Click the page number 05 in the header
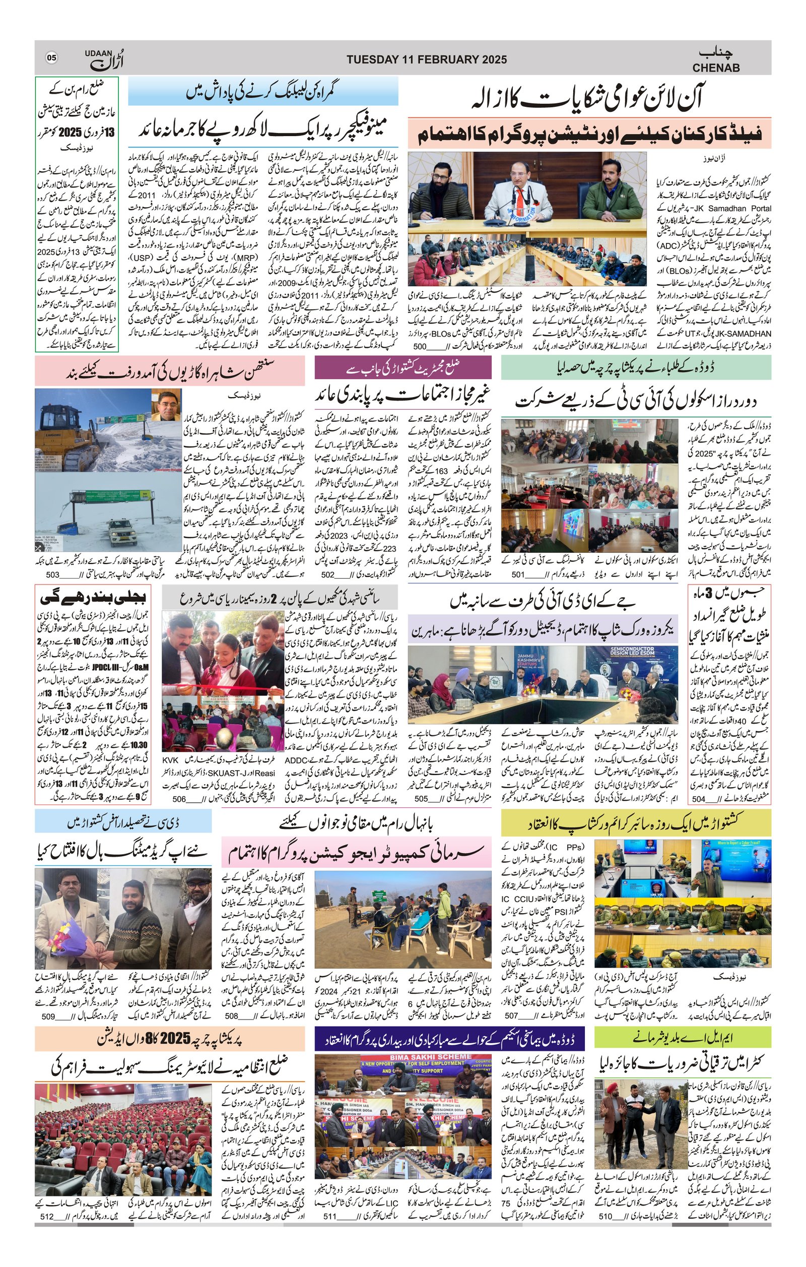51,57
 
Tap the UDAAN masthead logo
100,59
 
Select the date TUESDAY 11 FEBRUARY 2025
426,59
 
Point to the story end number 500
420,347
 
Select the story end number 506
179,799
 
